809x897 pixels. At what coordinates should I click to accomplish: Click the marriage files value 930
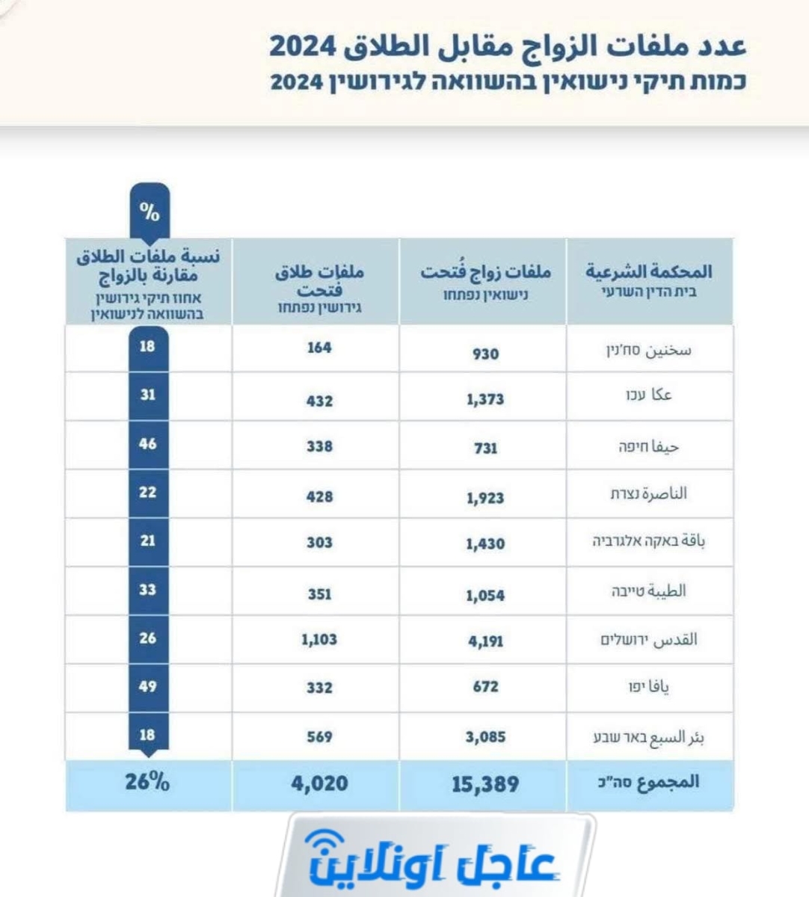coord(485,354)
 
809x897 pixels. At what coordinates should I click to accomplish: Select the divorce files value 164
coord(319,348)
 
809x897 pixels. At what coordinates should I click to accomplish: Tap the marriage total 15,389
coord(485,784)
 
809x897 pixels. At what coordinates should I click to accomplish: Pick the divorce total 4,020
coord(319,783)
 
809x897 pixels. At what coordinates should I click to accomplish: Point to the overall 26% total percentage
coord(147,783)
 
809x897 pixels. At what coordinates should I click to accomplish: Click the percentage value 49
coord(148,686)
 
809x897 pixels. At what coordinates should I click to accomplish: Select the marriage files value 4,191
coord(485,641)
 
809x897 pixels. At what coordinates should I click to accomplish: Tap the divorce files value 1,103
coord(319,640)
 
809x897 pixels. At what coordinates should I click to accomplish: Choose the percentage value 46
coord(148,443)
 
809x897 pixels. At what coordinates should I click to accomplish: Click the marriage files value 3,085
coord(485,737)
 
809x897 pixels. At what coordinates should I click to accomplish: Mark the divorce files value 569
coord(319,737)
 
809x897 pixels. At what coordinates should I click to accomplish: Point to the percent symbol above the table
coord(150,213)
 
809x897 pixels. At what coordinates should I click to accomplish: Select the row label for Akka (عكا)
coord(648,395)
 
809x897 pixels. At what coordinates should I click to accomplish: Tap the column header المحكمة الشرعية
coord(648,271)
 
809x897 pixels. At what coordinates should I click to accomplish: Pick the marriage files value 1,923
coord(485,498)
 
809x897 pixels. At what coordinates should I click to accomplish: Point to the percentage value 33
coord(148,590)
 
